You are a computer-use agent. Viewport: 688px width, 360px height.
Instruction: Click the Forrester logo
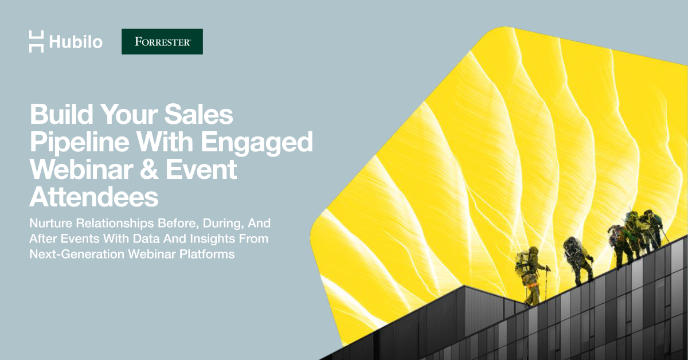[162, 41]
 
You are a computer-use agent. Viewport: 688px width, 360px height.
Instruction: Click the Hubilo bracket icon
[37, 41]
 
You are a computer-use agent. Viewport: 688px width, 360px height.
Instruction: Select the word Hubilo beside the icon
[76, 42]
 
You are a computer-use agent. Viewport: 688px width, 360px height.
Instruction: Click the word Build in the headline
[61, 114]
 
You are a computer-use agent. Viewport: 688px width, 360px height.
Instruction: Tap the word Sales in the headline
[199, 114]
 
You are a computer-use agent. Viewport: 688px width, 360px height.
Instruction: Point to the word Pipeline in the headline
[80, 142]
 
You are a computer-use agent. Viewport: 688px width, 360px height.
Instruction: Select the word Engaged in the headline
[257, 142]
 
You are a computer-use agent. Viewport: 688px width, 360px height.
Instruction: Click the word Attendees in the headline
[93, 197]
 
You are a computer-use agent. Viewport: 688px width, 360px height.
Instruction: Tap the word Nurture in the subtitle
[50, 223]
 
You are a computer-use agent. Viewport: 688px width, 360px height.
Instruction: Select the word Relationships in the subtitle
[115, 224]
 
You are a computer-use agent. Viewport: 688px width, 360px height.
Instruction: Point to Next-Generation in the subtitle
[77, 255]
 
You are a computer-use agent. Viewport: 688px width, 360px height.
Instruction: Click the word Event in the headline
[201, 169]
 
